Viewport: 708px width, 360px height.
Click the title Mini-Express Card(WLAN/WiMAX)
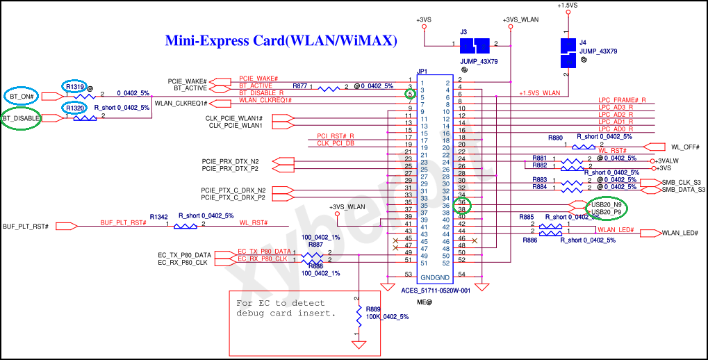(281, 41)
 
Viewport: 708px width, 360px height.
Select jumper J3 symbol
(475, 46)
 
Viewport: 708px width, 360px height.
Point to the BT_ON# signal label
(23, 95)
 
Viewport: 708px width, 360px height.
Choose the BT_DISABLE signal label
(21, 119)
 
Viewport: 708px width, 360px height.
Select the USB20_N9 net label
(607, 204)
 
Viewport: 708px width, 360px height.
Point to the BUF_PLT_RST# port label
(25, 226)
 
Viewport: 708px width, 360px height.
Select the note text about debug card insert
(286, 308)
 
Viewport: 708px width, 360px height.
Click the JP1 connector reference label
(422, 72)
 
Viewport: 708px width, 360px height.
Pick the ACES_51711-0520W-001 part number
(436, 291)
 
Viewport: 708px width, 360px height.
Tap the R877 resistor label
(300, 85)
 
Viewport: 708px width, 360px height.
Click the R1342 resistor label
(158, 217)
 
